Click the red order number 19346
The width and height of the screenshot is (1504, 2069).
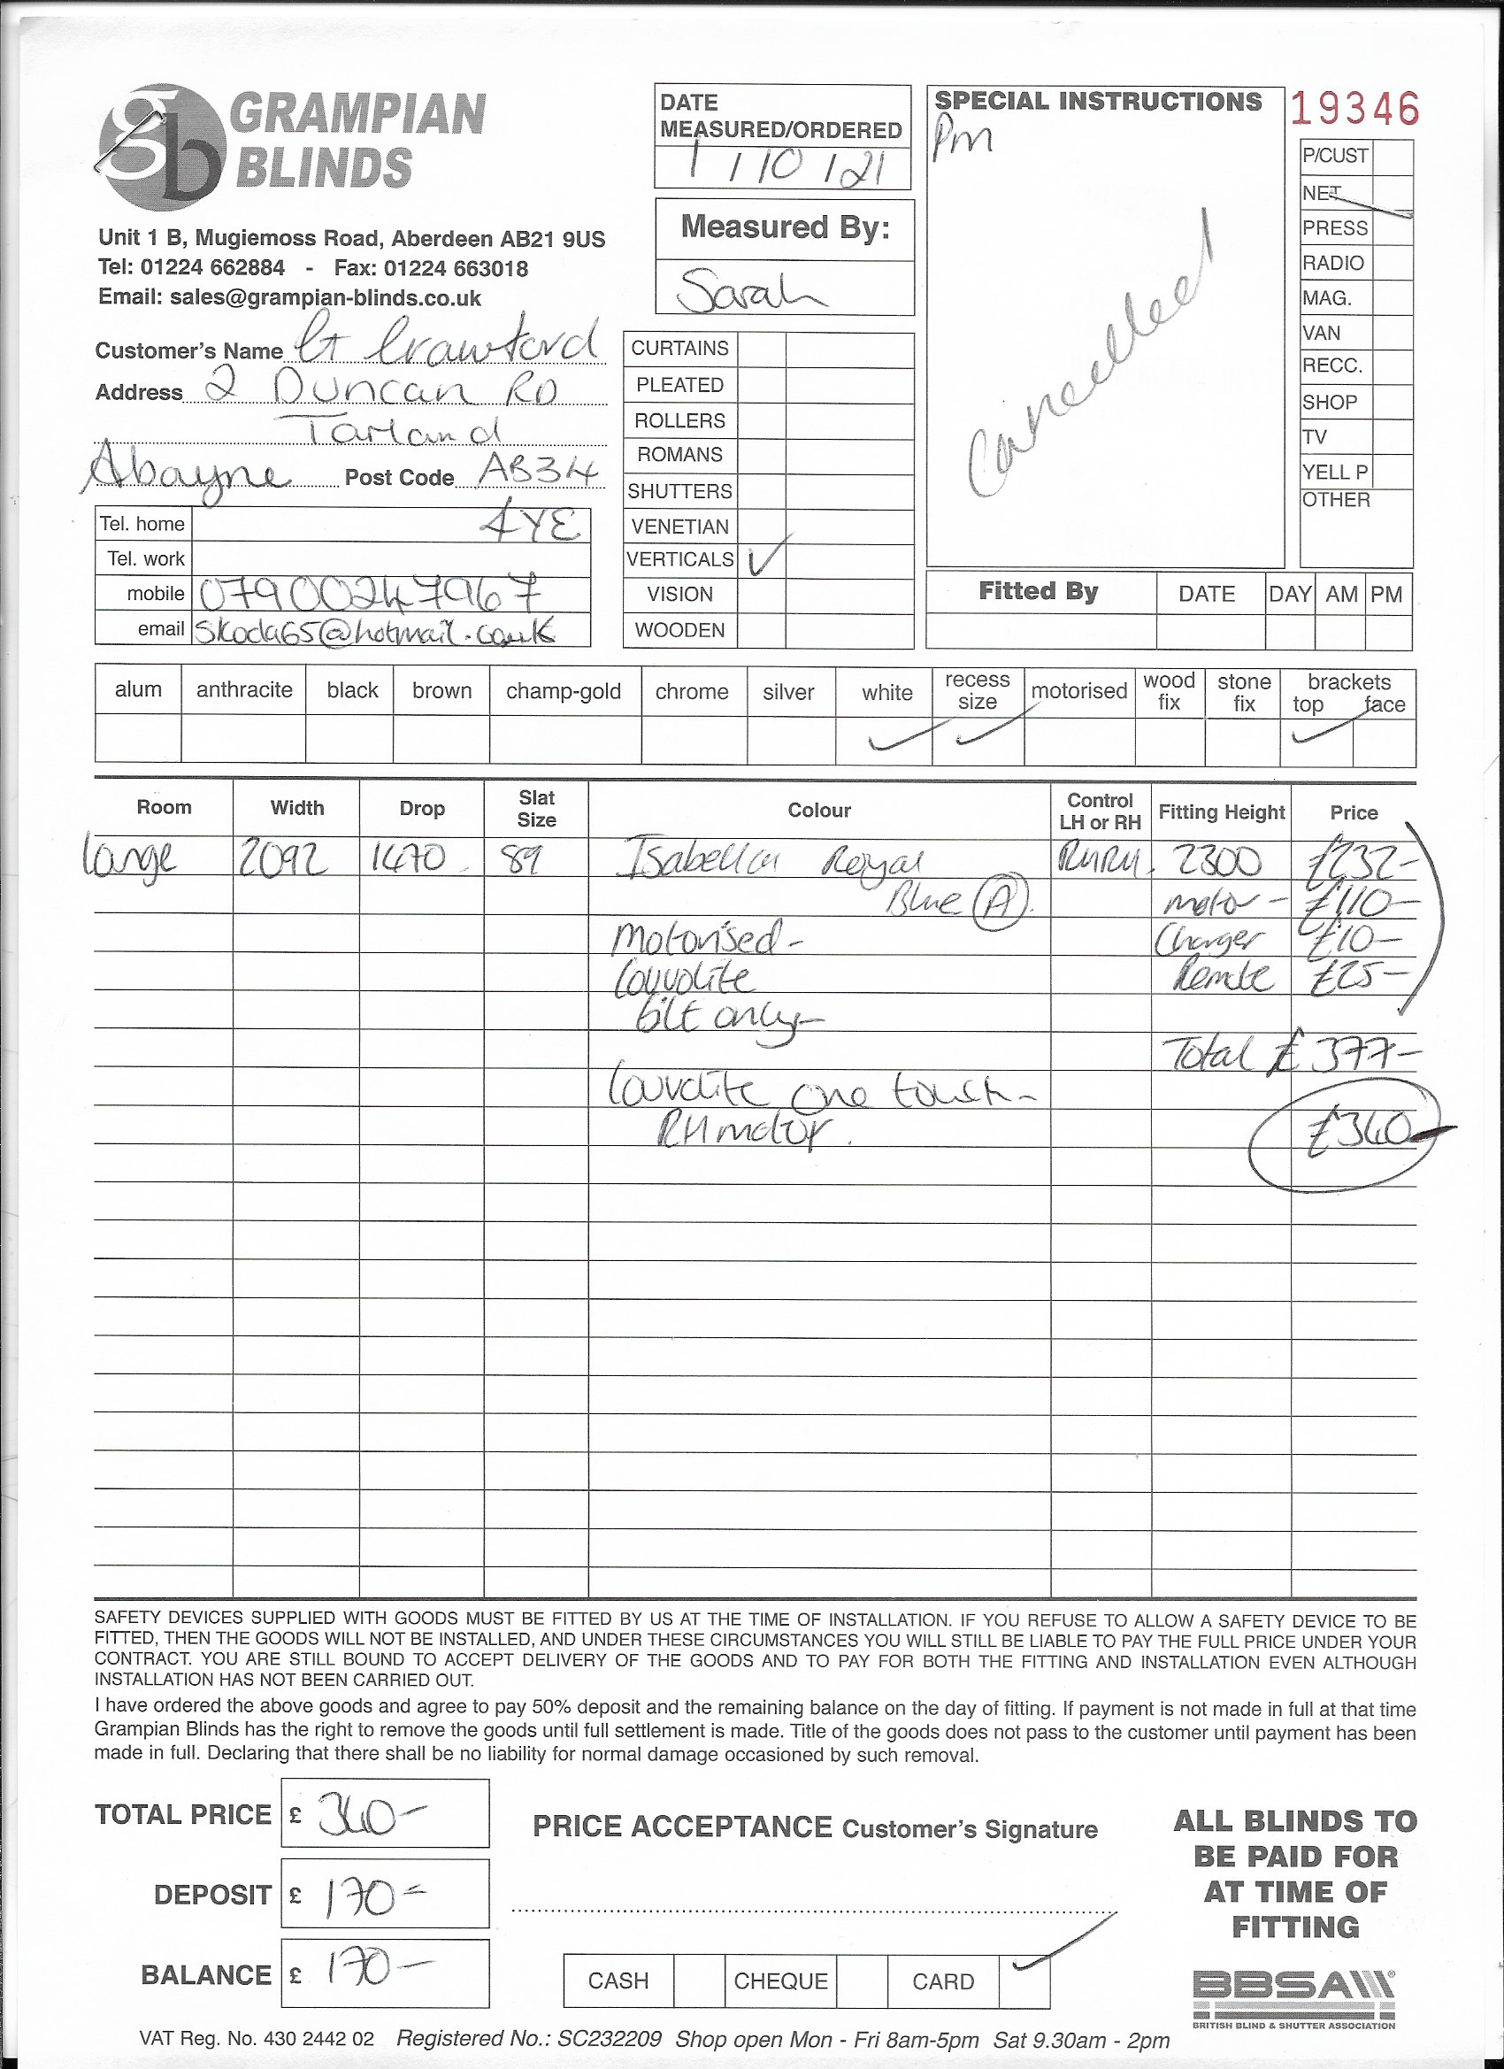point(1354,111)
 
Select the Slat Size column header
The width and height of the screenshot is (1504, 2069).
point(536,808)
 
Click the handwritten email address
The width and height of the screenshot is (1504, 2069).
point(374,631)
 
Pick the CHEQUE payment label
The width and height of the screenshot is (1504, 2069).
point(779,1981)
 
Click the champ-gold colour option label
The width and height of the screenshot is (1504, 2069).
point(563,691)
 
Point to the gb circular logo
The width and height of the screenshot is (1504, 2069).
point(163,147)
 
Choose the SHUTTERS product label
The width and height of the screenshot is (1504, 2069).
point(679,491)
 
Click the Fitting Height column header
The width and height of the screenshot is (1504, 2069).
point(1220,811)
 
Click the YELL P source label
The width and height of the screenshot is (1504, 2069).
point(1335,472)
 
